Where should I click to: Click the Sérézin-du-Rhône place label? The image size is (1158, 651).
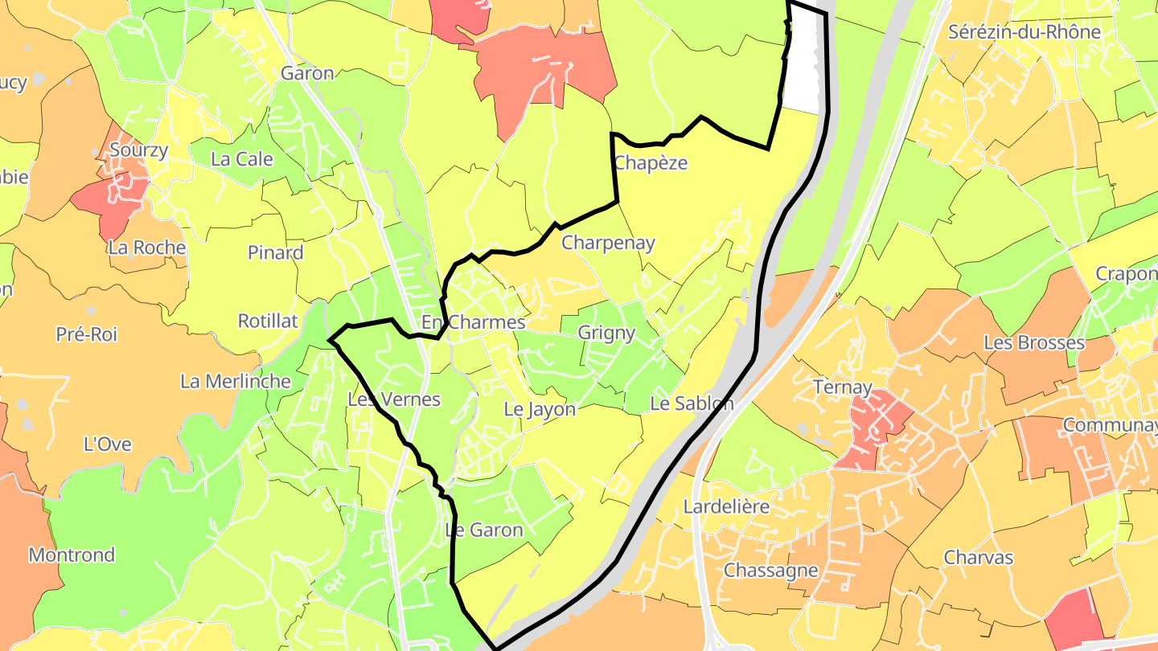[x=1025, y=32]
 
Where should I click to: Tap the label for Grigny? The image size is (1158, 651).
[x=606, y=333]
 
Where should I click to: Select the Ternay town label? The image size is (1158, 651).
[x=843, y=387]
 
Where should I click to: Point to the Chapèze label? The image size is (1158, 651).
[x=651, y=163]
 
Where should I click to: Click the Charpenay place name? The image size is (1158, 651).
[x=608, y=243]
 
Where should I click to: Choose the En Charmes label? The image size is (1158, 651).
[x=473, y=322]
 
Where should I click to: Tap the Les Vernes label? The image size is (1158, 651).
[x=394, y=399]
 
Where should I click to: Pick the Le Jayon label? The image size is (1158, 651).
[x=540, y=409]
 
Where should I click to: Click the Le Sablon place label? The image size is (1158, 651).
[x=692, y=403]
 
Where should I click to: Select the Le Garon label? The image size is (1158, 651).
[x=484, y=530]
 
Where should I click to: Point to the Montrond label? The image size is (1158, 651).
[x=72, y=555]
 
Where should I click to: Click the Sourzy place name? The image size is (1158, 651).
[x=139, y=149]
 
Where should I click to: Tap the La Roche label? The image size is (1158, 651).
[x=146, y=248]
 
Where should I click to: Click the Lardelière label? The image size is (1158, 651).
[x=726, y=507]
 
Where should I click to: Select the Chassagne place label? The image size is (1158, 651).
[x=771, y=571]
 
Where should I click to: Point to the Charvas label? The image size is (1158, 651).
[x=979, y=558]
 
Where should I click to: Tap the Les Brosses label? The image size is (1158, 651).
[x=1034, y=343]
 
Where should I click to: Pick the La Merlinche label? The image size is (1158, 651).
[x=236, y=381]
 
